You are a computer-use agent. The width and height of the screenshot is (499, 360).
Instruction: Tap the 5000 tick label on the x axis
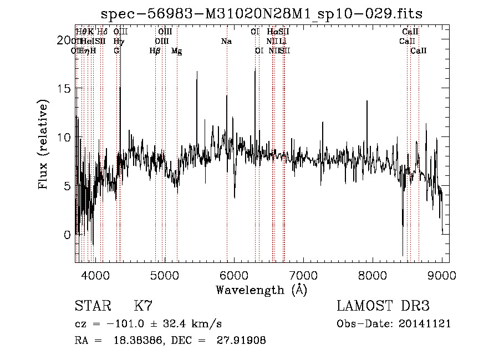[x=164, y=275]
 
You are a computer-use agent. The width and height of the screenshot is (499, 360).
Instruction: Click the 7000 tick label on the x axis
[x=303, y=275]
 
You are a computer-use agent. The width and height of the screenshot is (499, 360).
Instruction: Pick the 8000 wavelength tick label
[x=372, y=275]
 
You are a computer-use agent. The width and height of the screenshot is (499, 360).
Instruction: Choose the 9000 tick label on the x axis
[x=441, y=275]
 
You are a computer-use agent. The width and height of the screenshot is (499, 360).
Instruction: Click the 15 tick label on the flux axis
[x=65, y=88]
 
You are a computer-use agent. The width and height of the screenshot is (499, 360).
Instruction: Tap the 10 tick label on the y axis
[x=65, y=137]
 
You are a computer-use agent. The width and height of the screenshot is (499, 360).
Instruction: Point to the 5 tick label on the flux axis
[x=68, y=186]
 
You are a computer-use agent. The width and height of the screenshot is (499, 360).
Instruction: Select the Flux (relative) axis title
[x=43, y=145]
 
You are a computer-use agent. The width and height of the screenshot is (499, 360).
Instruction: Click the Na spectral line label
[x=226, y=42]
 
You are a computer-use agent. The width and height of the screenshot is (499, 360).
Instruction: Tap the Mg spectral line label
[x=176, y=51]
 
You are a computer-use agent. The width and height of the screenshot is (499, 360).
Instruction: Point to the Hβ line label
[x=155, y=51]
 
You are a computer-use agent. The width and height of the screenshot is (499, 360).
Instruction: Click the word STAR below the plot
[x=92, y=306]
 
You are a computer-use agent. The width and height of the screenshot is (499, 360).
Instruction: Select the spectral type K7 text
[x=143, y=306]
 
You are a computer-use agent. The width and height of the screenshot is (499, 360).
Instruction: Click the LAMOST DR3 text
[x=383, y=306]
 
